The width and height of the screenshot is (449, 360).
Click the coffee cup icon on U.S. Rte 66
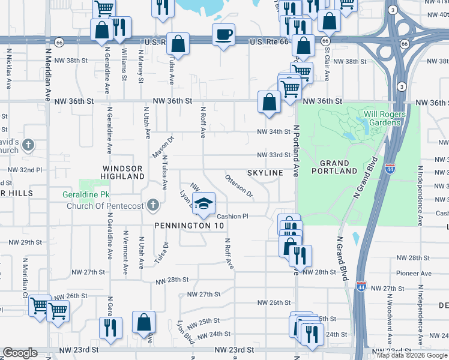(223, 35)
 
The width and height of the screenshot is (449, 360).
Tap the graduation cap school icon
(204, 203)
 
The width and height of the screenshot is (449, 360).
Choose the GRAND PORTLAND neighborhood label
(334, 167)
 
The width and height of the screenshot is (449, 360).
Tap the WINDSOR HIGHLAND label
(123, 172)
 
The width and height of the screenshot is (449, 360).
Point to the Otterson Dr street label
(239, 186)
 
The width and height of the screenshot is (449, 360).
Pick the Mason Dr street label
(163, 148)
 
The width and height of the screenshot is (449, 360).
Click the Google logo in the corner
(20, 353)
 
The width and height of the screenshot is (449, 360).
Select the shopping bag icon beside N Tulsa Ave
(178, 43)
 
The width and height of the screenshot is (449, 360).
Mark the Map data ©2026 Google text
(411, 355)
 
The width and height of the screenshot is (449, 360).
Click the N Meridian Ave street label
(47, 76)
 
